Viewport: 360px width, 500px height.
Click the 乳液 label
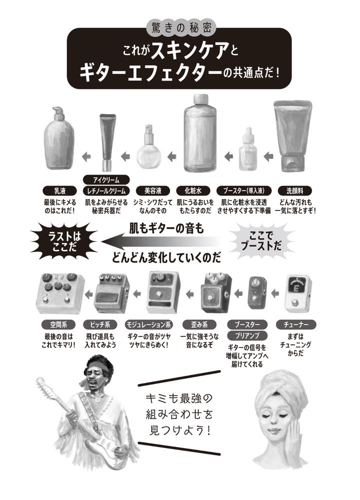[60, 190]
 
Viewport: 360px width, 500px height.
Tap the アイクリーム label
[106, 180]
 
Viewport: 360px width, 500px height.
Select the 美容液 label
[152, 190]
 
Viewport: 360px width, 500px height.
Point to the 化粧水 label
[193, 190]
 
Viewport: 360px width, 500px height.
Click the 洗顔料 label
[294, 190]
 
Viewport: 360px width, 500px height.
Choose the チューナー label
[296, 324]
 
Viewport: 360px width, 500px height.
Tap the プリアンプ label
[247, 336]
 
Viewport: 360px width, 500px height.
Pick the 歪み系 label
[199, 324]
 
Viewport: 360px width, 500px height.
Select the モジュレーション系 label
[149, 324]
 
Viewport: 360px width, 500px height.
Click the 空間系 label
[58, 324]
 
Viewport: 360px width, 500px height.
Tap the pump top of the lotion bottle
[58, 113]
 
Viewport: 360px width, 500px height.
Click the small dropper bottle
[248, 149]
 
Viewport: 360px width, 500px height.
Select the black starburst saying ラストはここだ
[64, 241]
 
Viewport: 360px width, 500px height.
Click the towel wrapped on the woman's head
[282, 386]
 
